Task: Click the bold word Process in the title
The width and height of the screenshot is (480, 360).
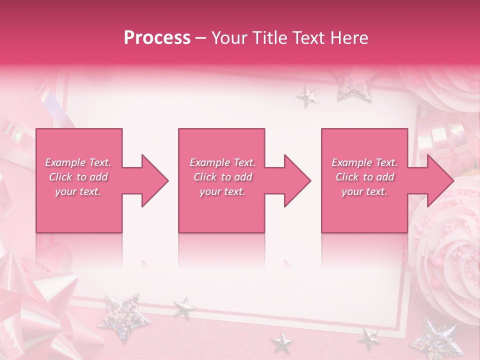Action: pyautogui.click(x=157, y=37)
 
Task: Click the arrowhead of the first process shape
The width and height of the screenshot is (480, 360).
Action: pyautogui.click(x=155, y=180)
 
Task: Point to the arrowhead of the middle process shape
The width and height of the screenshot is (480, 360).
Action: pyautogui.click(x=297, y=180)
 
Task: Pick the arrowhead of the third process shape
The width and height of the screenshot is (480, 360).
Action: pyautogui.click(x=440, y=180)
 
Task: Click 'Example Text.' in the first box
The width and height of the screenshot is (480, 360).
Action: pyautogui.click(x=78, y=162)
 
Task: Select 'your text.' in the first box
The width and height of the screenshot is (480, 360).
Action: pyautogui.click(x=78, y=191)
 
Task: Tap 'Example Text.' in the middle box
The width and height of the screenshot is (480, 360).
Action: pyautogui.click(x=222, y=162)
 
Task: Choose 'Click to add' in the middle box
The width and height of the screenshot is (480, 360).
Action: pyautogui.click(x=222, y=177)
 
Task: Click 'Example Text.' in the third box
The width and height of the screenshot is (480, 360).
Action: pyautogui.click(x=364, y=162)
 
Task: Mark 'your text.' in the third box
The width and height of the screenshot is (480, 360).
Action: pyautogui.click(x=364, y=191)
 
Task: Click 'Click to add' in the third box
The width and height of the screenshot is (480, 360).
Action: pyautogui.click(x=364, y=177)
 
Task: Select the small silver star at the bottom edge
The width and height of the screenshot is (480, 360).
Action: pyautogui.click(x=282, y=343)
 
